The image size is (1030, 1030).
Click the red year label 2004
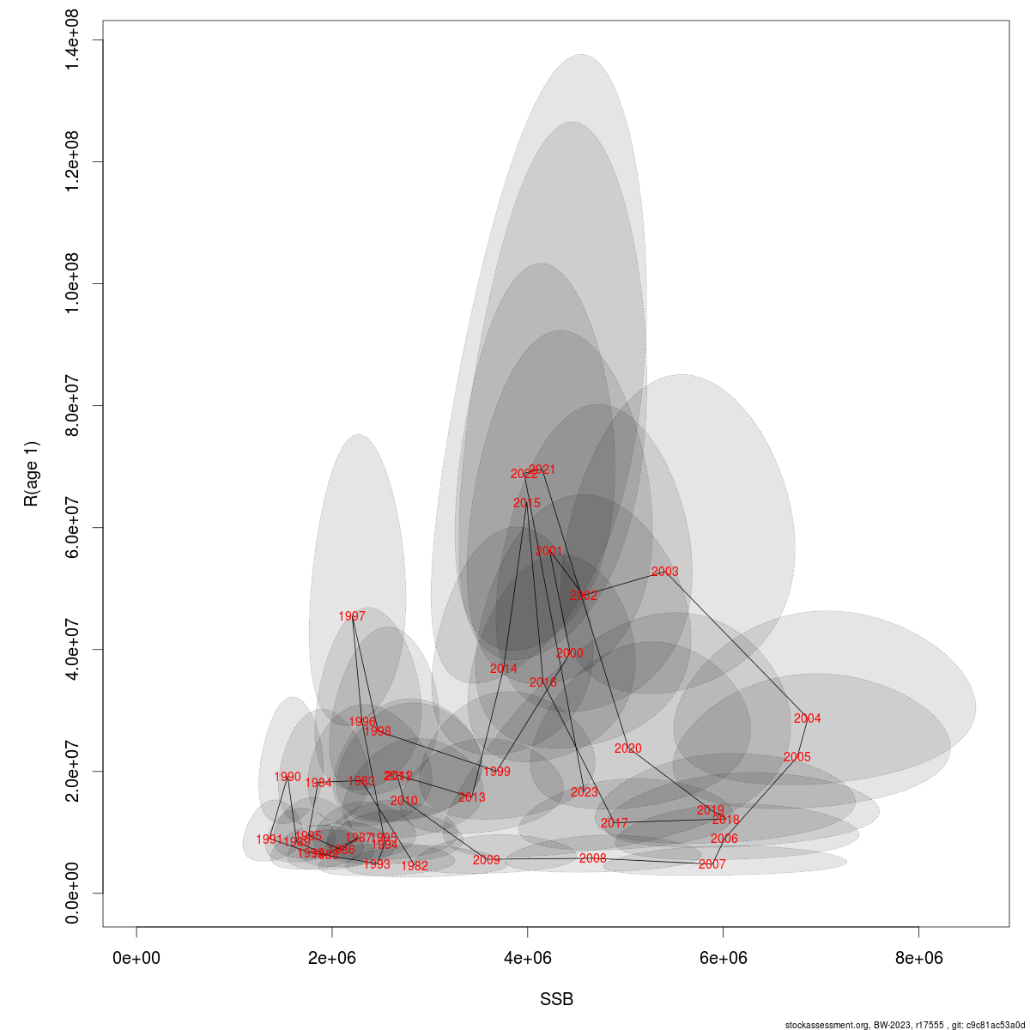coord(807,718)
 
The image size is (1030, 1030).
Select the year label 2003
coord(664,572)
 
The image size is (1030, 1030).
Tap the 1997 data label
coord(352,616)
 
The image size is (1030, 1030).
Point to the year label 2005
coord(797,757)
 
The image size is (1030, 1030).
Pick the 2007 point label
coord(712,864)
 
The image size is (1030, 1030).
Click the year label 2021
coord(542,470)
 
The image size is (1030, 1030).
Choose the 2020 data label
coord(627,748)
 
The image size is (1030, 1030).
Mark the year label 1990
coord(288,777)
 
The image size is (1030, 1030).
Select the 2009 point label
coord(486,860)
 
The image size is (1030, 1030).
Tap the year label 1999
coord(497,772)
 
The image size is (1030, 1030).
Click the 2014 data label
coord(504,669)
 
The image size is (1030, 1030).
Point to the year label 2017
coord(614,823)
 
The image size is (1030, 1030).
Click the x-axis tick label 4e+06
coord(527,958)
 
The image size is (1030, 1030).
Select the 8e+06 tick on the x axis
coord(918,958)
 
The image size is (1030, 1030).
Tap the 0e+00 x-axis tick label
coord(136,958)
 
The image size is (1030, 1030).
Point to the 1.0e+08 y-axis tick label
coord(74,284)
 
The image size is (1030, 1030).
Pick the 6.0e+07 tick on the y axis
coord(74,528)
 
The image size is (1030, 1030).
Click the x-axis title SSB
coord(556,1000)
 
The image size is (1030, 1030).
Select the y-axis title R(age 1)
coord(32,474)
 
